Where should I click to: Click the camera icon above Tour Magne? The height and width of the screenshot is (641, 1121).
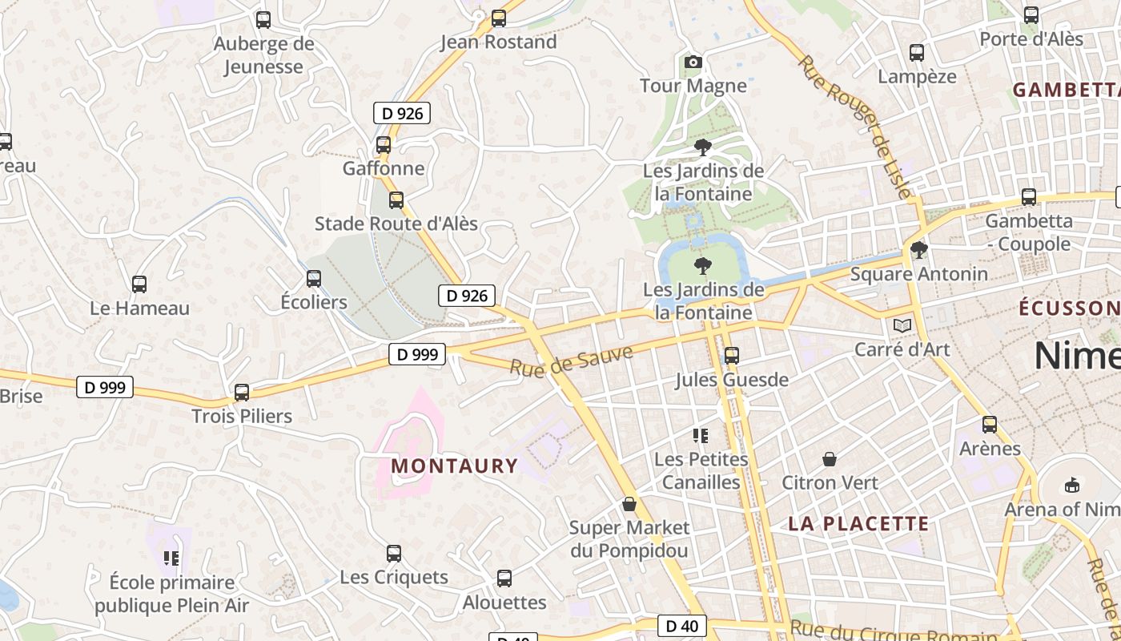pos(693,62)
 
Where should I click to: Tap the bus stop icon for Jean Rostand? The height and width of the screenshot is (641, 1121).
pos(499,18)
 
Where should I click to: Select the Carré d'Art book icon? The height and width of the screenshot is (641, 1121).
pos(902,326)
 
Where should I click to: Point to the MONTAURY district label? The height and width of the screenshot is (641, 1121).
pos(455,466)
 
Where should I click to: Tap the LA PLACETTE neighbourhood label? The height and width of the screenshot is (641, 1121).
pos(858,524)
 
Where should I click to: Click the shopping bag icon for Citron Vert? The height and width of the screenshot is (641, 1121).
pos(830,460)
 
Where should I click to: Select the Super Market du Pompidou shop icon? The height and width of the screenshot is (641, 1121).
pos(629,504)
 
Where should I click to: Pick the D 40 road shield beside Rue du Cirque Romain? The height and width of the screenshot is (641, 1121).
pos(682,626)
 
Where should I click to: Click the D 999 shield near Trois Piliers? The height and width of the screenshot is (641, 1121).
pos(105,388)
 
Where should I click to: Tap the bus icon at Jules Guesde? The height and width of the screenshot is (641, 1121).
pos(731,356)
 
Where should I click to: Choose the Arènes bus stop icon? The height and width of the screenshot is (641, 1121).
pos(990,425)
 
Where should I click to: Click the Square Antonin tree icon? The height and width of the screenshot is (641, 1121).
pos(919,250)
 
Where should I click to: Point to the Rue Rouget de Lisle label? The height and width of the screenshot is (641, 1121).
pos(854,125)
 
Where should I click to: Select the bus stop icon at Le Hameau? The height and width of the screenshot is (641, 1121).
pos(139,284)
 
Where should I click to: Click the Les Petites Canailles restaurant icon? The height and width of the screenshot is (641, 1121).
pos(701,436)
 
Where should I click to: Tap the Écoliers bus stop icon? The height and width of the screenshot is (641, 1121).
pos(314,279)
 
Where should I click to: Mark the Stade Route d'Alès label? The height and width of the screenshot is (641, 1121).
pos(396,224)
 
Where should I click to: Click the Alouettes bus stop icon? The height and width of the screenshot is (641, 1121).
pos(504,579)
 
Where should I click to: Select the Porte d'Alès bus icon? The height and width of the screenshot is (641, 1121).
pos(1031,15)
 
